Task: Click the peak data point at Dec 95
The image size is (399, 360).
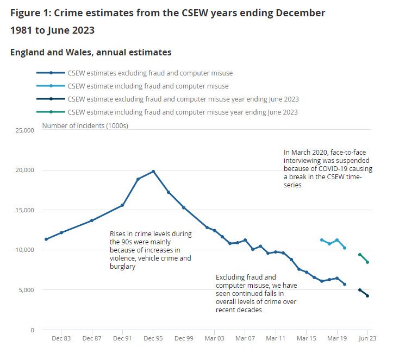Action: [x=153, y=172]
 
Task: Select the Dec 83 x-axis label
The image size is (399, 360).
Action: [x=61, y=338]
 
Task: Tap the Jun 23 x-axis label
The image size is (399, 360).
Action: [x=367, y=338]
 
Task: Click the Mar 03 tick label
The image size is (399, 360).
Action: [x=214, y=338]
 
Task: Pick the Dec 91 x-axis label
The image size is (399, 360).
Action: [x=122, y=338]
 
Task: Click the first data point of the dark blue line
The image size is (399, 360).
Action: [x=46, y=239]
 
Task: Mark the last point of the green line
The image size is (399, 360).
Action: [x=367, y=262]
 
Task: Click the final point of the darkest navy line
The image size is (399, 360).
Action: [x=367, y=296]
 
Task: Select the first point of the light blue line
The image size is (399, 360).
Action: [x=322, y=240]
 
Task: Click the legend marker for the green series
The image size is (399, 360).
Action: [x=51, y=112]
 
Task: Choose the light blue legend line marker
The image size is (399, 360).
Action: [x=51, y=86]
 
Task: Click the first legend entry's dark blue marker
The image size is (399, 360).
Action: [x=51, y=73]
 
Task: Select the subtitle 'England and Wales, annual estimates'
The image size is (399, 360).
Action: [x=91, y=52]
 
